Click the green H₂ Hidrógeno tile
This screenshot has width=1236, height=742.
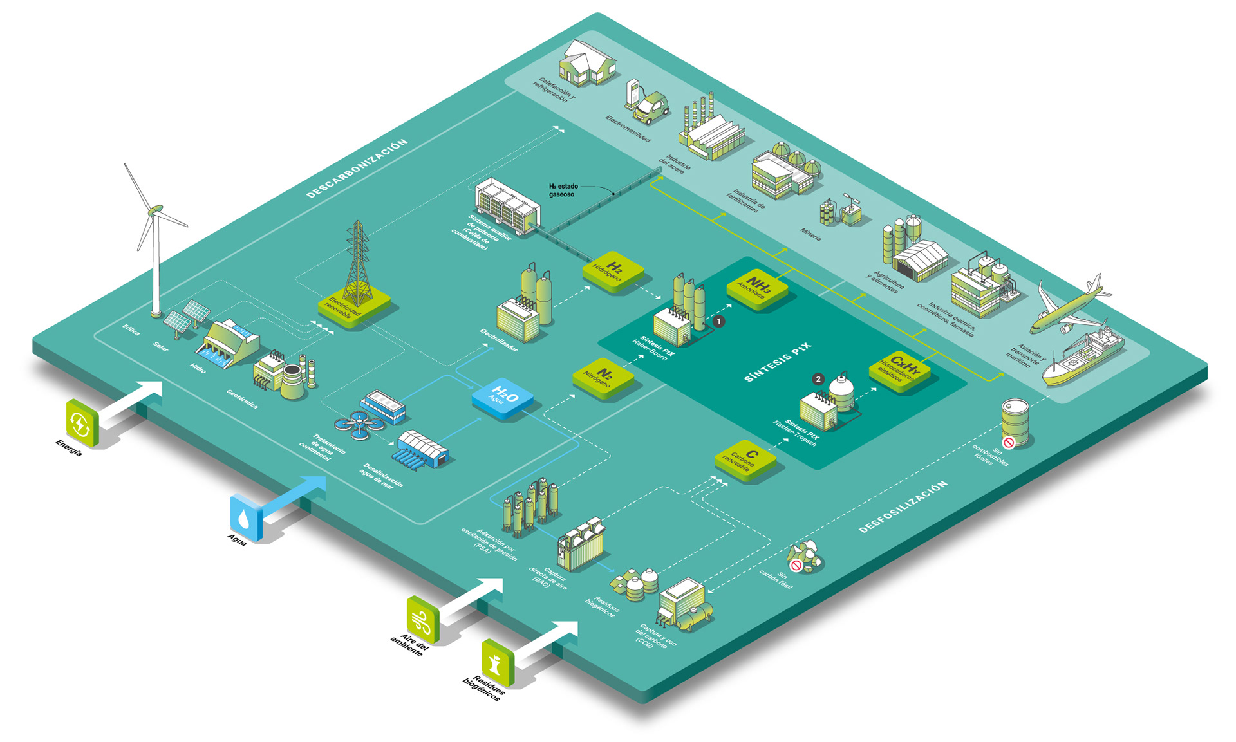tap(613, 271)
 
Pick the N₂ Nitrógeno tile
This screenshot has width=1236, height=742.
tap(603, 377)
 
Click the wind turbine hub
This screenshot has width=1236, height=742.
tap(155, 210)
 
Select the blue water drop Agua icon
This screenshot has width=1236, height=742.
tap(245, 517)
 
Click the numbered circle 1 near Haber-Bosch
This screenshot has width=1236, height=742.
tap(719, 320)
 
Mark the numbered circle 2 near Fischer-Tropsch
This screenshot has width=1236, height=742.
tap(818, 379)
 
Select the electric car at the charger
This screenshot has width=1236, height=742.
tap(650, 107)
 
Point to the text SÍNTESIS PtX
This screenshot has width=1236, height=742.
tap(778, 362)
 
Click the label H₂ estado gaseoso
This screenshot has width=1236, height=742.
tap(563, 190)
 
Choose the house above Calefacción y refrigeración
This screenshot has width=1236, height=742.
tap(586, 62)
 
